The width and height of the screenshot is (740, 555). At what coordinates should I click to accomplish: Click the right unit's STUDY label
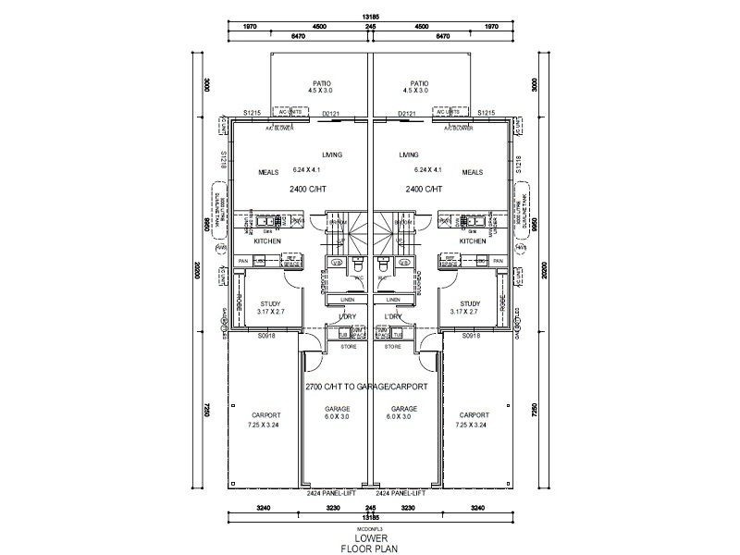(x=470, y=302)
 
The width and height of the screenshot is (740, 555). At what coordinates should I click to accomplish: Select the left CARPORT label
(x=265, y=415)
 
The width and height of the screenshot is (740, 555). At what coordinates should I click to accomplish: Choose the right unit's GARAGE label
(x=404, y=408)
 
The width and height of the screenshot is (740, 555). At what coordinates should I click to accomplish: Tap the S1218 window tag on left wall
(x=224, y=161)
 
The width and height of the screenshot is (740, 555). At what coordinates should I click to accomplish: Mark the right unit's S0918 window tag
(x=472, y=336)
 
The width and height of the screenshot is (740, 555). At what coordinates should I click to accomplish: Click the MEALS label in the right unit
(x=472, y=171)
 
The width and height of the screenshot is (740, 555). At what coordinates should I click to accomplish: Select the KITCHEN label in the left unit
(x=267, y=240)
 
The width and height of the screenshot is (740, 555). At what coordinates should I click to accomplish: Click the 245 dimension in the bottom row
(x=370, y=508)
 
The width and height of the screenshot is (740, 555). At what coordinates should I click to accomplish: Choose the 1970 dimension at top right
(x=491, y=27)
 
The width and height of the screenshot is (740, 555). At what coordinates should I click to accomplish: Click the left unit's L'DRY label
(x=347, y=317)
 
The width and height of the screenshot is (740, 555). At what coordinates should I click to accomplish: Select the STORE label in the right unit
(x=393, y=346)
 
